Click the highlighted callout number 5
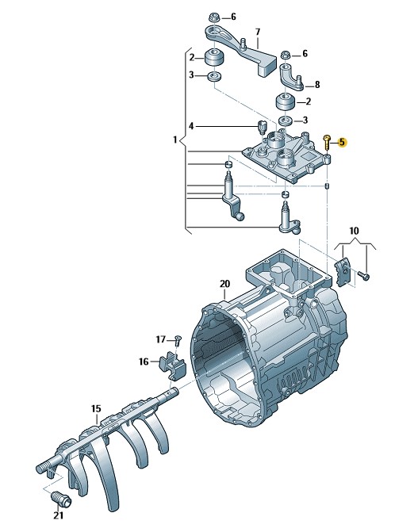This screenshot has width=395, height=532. tap(342, 143)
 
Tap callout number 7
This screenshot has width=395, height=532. tap(258, 32)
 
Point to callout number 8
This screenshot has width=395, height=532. tap(317, 84)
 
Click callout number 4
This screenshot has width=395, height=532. tap(191, 127)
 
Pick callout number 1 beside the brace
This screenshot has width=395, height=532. tap(175, 140)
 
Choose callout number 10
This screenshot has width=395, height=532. tap(354, 231)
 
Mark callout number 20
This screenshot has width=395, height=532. tap(224, 284)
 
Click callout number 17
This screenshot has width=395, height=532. tap(160, 339)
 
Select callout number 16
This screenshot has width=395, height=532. tap(144, 362)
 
